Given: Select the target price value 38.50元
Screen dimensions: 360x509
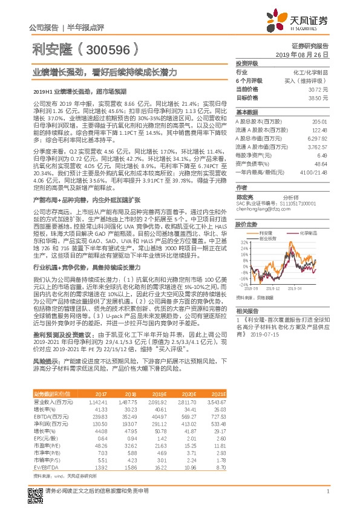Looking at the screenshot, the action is [318, 97].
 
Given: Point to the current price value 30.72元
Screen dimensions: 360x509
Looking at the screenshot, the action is [318, 88].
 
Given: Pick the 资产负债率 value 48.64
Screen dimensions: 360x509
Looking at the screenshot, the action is [321, 163].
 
